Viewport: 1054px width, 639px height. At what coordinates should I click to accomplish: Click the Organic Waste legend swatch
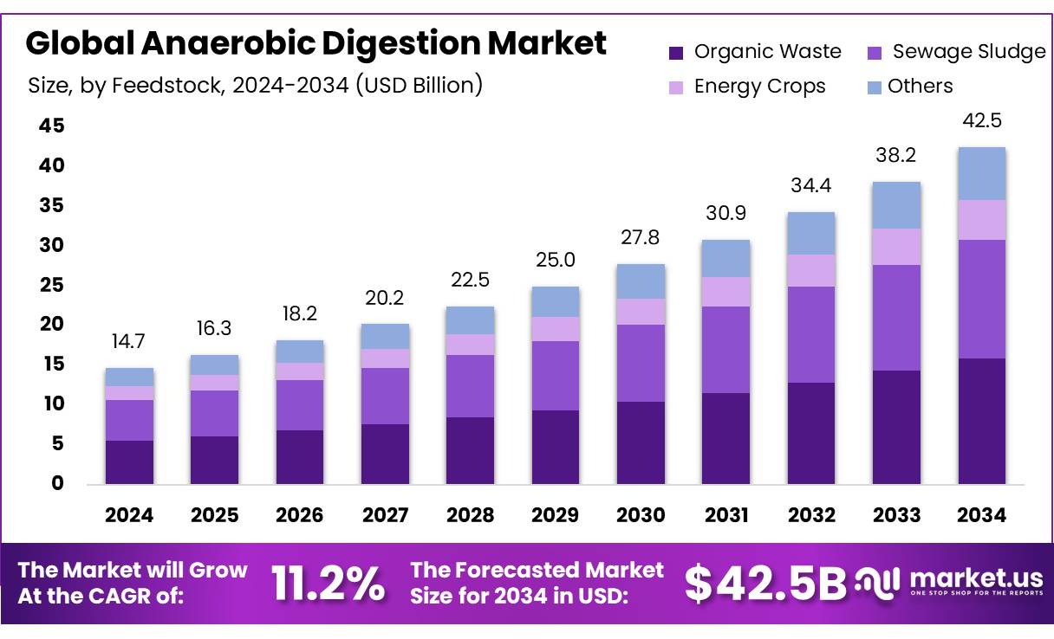(677, 53)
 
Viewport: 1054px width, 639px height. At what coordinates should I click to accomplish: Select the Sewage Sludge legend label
(969, 52)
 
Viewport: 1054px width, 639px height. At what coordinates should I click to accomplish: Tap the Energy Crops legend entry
(759, 87)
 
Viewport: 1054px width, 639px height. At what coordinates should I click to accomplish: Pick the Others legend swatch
(875, 87)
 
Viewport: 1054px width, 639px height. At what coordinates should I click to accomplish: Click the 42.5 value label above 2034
(982, 120)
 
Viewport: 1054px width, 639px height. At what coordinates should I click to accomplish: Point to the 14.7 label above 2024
(129, 342)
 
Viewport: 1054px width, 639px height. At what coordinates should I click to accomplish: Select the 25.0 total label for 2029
(556, 260)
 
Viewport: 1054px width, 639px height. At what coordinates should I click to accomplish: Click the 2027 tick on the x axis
(386, 515)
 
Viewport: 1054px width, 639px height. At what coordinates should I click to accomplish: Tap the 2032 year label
(811, 515)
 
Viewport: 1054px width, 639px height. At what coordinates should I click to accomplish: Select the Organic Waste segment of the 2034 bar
(982, 421)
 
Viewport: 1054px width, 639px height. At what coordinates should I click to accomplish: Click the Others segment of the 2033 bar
(896, 205)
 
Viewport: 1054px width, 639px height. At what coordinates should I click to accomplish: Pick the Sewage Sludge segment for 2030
(641, 363)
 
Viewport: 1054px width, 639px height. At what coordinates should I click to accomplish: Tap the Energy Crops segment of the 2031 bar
(726, 292)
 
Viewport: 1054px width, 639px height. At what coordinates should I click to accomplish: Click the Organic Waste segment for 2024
(129, 461)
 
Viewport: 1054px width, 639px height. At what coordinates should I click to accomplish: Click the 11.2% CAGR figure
(329, 584)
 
